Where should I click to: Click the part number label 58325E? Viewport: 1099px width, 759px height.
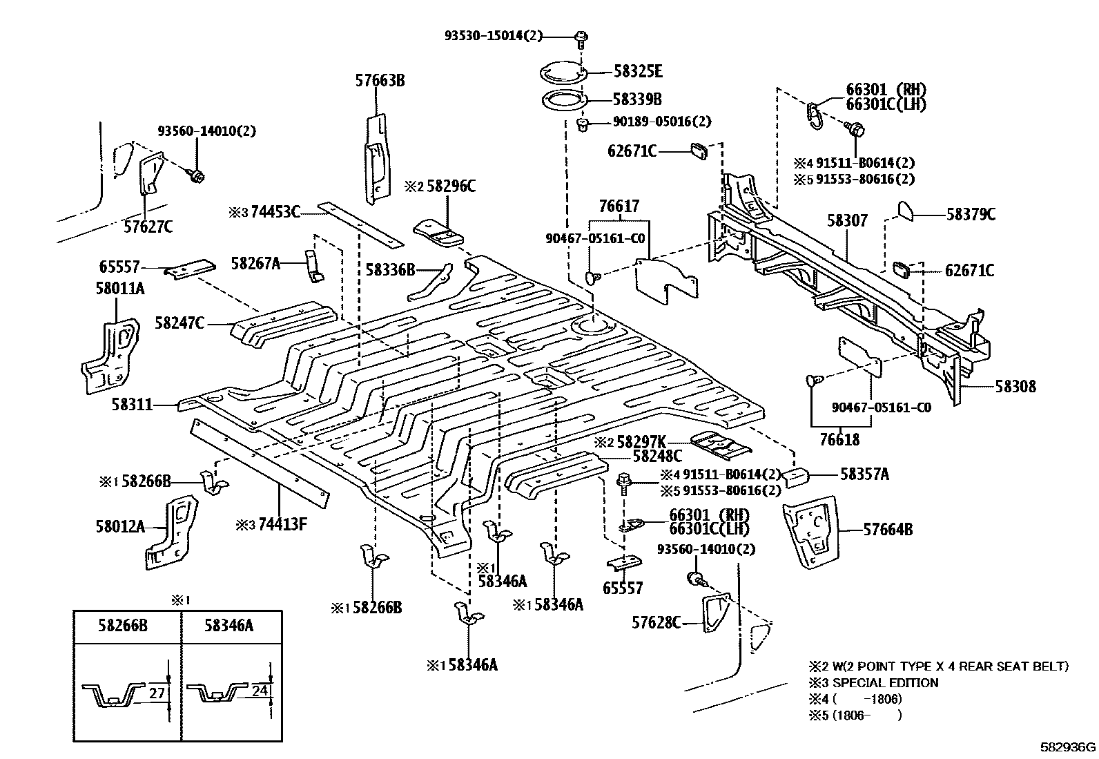pos(638,71)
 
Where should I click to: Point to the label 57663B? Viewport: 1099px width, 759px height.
pos(380,81)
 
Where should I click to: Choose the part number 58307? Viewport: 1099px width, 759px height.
pos(847,220)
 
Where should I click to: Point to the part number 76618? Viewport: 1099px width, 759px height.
pos(839,440)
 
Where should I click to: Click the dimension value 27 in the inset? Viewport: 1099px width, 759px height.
pos(157,693)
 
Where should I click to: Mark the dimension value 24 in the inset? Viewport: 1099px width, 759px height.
pos(260,691)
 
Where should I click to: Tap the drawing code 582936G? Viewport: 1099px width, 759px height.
pos(1069,747)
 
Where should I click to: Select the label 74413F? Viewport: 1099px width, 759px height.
pos(282,524)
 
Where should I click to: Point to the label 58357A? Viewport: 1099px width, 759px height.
pos(864,474)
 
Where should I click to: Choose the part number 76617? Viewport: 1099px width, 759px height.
pos(619,206)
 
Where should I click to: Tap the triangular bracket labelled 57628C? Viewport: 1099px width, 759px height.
pos(714,612)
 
